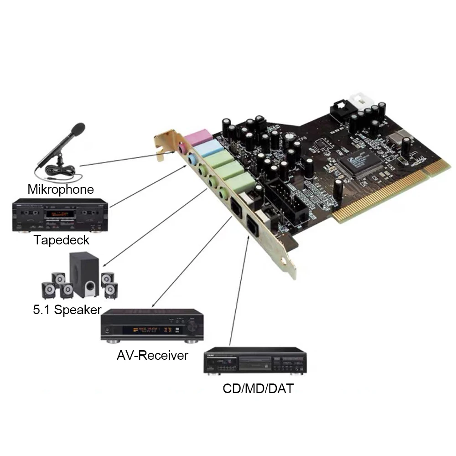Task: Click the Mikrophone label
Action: (61, 189)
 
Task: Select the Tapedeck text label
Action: (61, 240)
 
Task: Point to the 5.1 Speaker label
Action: (67, 310)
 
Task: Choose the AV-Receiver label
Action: (152, 355)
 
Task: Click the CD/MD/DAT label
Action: (258, 389)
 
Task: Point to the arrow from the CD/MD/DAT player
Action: (239, 292)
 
